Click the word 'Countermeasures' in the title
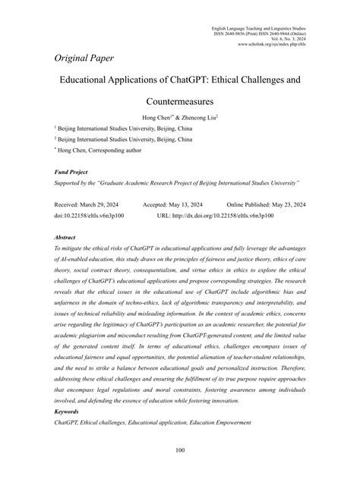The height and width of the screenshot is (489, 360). (x=179, y=99)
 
